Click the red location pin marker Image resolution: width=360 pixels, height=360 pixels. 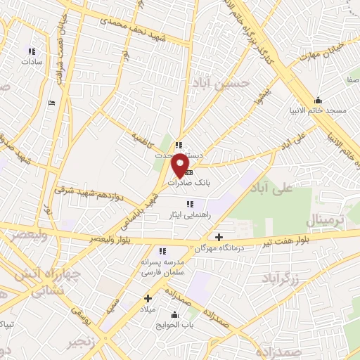coord(181,164)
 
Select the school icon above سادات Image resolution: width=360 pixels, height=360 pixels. coord(31,51)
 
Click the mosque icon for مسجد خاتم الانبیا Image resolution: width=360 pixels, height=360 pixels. coord(318,100)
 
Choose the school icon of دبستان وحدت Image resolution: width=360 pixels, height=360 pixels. coord(179,146)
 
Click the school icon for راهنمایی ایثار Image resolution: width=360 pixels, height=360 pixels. coord(190,204)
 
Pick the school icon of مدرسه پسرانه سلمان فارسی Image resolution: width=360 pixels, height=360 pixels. coord(162,251)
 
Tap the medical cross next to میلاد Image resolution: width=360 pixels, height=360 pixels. coord(148,298)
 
